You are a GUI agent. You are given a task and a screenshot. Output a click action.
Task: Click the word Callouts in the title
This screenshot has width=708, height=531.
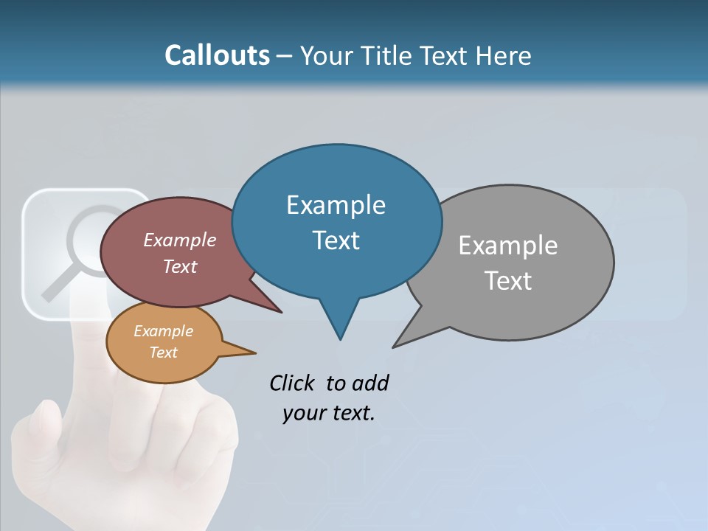(x=217, y=55)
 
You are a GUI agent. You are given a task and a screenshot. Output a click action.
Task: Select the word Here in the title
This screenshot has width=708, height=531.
(x=502, y=56)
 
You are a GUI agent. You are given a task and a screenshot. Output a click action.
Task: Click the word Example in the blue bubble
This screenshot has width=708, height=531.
(x=336, y=205)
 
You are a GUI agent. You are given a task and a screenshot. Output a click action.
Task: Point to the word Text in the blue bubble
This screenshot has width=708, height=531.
(x=336, y=240)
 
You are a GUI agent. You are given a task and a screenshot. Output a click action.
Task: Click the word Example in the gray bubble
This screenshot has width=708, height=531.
(x=507, y=246)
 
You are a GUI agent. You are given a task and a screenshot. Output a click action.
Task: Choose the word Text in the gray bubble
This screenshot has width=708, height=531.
(x=508, y=280)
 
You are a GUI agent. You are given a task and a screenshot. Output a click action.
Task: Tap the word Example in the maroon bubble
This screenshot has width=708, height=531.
(x=179, y=240)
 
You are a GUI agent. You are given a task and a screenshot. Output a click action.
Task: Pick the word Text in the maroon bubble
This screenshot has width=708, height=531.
(x=179, y=266)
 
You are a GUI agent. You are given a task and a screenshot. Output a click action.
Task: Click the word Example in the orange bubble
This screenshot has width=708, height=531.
(x=163, y=331)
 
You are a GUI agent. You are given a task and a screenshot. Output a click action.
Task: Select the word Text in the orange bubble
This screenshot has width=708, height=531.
(x=163, y=353)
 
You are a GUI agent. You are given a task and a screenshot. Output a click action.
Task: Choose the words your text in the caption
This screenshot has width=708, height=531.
(x=329, y=413)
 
